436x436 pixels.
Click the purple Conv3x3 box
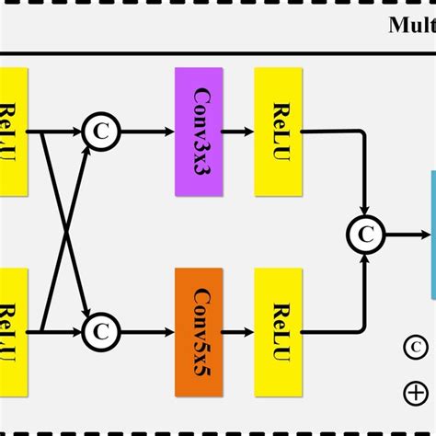click(x=200, y=132)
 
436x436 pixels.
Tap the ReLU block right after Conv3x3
click(x=280, y=132)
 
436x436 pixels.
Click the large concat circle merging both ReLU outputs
click(x=366, y=235)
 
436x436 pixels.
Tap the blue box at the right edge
click(x=430, y=235)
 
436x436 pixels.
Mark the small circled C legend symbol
click(x=416, y=348)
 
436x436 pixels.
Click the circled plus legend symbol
click(x=416, y=394)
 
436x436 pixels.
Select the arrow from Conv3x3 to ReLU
click(x=239, y=132)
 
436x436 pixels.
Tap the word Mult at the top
click(x=410, y=25)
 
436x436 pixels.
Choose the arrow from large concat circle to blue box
click(x=407, y=235)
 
